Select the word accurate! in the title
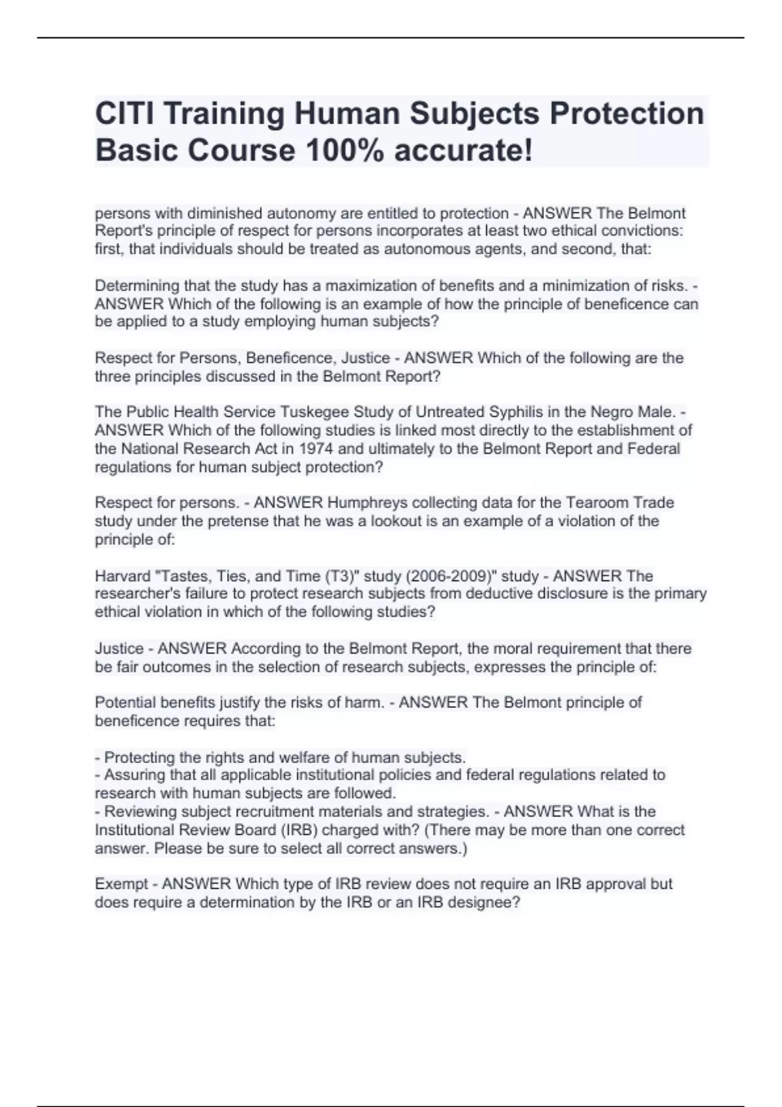click(463, 150)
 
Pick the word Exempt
click(122, 884)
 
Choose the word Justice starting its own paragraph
click(119, 649)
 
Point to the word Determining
click(137, 285)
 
